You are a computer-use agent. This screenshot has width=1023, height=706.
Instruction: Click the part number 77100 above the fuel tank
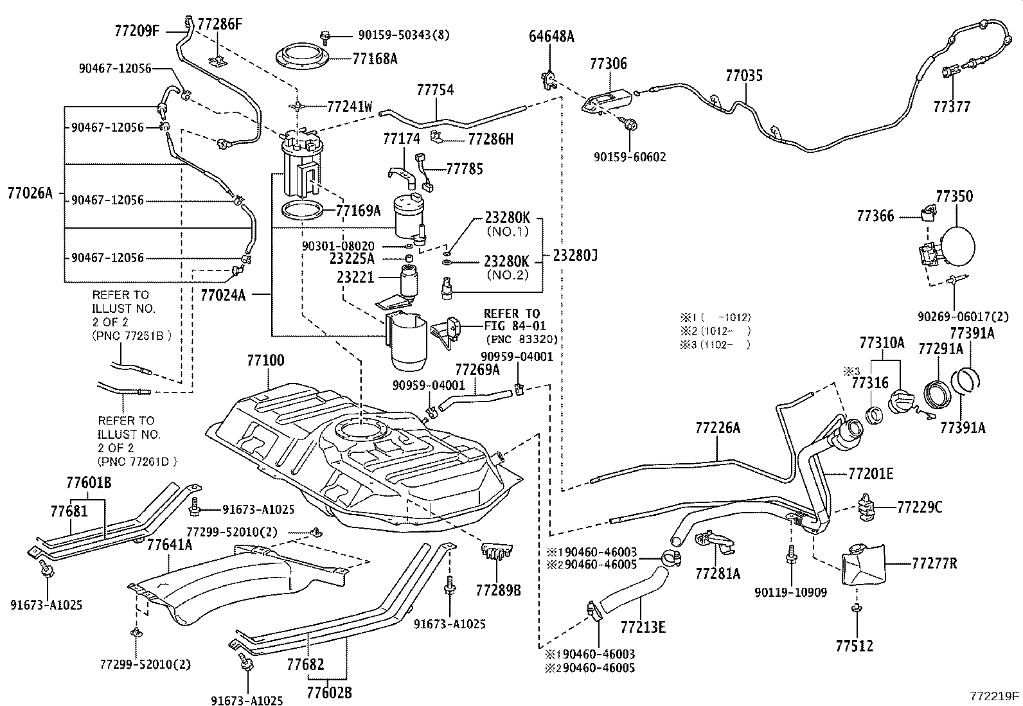pos(265,361)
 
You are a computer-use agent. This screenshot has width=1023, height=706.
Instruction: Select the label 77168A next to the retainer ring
pos(375,59)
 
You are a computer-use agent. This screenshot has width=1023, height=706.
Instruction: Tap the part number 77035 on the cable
pos(744,76)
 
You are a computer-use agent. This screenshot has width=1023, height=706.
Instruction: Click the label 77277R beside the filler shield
pos(934,563)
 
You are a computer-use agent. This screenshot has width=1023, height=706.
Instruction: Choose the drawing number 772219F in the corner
pos(995,696)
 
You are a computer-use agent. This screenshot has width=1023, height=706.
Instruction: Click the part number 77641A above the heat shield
pos(170,545)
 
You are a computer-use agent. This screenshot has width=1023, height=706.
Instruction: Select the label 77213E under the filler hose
pos(643,626)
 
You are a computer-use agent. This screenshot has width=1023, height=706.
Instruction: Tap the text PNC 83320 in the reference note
pos(521,339)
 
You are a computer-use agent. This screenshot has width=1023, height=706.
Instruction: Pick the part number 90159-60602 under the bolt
pos(630,157)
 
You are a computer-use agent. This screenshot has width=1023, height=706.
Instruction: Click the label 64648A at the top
pos(551,36)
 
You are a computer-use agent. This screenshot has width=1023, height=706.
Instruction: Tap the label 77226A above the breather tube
pos(718,427)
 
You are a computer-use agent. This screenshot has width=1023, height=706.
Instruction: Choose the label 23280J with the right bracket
pos(575,256)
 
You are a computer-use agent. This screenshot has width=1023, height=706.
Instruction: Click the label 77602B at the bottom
pos(329,693)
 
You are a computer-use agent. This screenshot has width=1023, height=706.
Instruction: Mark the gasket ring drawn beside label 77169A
pos(301,209)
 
